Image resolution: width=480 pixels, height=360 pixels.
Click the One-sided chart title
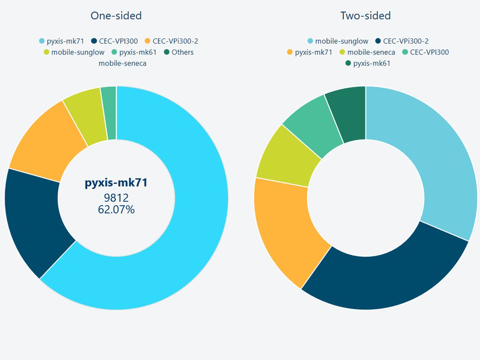click(116, 16)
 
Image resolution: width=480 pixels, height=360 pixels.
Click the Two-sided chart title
click(365, 16)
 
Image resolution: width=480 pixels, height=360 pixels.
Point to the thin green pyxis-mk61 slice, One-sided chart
click(109, 113)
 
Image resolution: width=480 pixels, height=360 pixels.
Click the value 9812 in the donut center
click(116, 198)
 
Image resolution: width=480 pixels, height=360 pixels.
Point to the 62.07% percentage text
click(116, 209)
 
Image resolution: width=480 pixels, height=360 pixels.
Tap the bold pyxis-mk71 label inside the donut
click(116, 182)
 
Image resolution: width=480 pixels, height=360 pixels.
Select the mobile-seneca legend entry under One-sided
click(122, 63)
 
